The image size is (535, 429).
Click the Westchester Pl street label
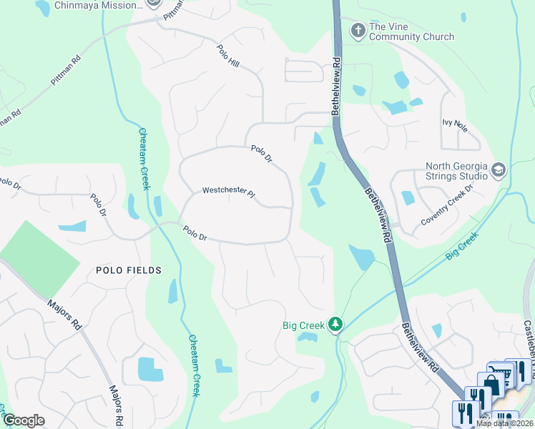228,191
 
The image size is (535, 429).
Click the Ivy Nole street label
455,127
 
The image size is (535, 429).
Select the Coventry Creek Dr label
447,207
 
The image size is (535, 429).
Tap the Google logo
23,420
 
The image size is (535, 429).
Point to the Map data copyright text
505,423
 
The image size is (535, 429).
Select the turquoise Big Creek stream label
461,245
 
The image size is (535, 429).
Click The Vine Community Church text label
411,32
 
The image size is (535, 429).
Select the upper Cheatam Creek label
144,159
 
